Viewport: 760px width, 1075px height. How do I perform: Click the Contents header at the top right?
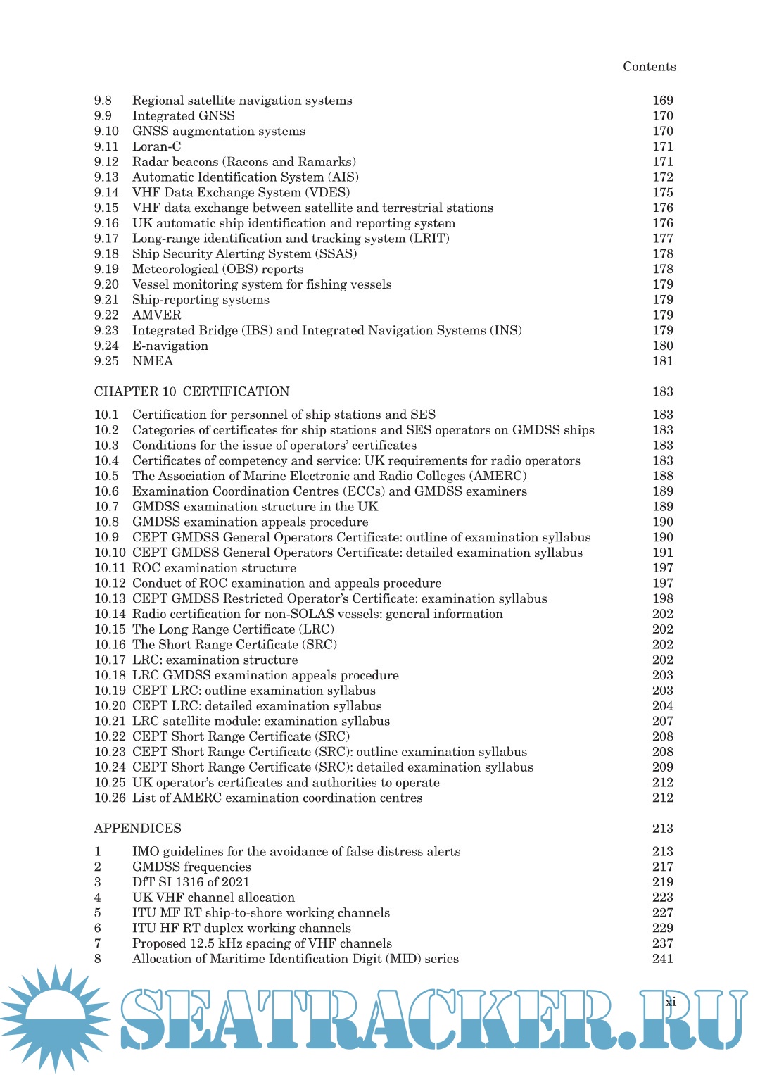[x=649, y=67]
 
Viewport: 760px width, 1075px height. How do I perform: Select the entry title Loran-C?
[x=156, y=146]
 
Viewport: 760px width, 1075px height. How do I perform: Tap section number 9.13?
[x=106, y=177]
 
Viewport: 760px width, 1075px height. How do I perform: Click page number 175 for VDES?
[x=662, y=192]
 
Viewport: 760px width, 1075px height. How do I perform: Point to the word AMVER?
[x=156, y=315]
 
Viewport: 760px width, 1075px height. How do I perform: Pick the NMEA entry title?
[x=152, y=361]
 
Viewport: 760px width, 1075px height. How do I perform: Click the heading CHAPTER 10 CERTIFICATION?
[x=191, y=391]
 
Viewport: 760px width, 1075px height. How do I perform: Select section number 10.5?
[x=106, y=476]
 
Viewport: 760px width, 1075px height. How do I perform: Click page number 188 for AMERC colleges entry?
[x=662, y=476]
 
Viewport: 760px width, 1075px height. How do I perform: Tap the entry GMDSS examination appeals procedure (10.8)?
[x=250, y=522]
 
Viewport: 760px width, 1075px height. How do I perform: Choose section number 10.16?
[x=110, y=645]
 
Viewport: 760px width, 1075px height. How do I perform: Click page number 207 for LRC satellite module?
[x=662, y=721]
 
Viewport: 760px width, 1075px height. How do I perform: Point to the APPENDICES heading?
[x=138, y=829]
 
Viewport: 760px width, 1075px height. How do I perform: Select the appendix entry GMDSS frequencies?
[x=191, y=867]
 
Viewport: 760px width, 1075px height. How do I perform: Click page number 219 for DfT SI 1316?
[x=662, y=882]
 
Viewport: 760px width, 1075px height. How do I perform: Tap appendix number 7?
[x=98, y=943]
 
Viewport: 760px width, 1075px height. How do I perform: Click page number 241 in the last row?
[x=662, y=959]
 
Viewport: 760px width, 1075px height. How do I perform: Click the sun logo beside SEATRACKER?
[x=55, y=1018]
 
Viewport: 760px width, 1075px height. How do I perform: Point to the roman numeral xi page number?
[x=670, y=1002]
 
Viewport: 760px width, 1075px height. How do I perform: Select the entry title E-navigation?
[x=170, y=346]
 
